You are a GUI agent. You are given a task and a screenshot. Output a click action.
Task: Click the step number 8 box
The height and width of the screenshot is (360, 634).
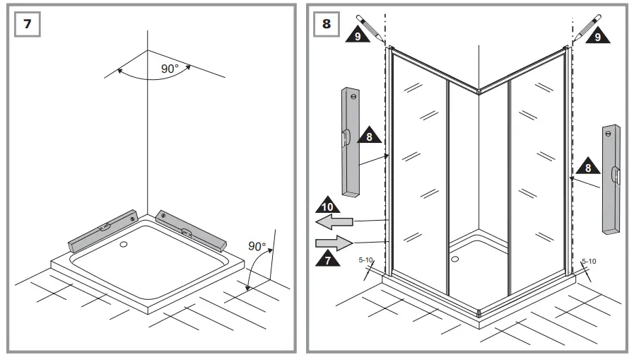[326, 23]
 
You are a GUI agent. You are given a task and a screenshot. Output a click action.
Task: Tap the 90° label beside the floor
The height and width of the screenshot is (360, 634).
[257, 246]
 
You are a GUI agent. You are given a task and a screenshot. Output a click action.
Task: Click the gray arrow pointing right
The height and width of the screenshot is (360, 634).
[334, 243]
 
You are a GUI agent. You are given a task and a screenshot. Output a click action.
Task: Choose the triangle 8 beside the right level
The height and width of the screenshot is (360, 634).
[586, 168]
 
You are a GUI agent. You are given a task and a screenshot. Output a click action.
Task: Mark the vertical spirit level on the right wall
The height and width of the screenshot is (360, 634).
[611, 179]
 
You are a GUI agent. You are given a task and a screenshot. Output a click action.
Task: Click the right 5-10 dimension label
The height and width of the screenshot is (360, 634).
[589, 261]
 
